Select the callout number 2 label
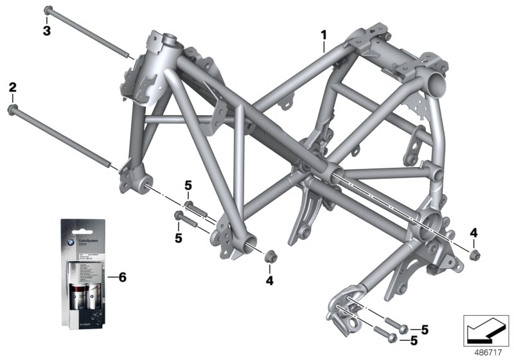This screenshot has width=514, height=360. [x=12, y=87]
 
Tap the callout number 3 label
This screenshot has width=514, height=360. [x=46, y=30]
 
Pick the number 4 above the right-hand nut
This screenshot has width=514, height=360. [x=474, y=231]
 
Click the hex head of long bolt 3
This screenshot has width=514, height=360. [x=48, y=10]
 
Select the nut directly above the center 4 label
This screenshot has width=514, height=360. [x=270, y=258]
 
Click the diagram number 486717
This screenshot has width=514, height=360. [x=490, y=352]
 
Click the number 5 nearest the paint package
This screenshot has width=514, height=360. [x=178, y=238]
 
